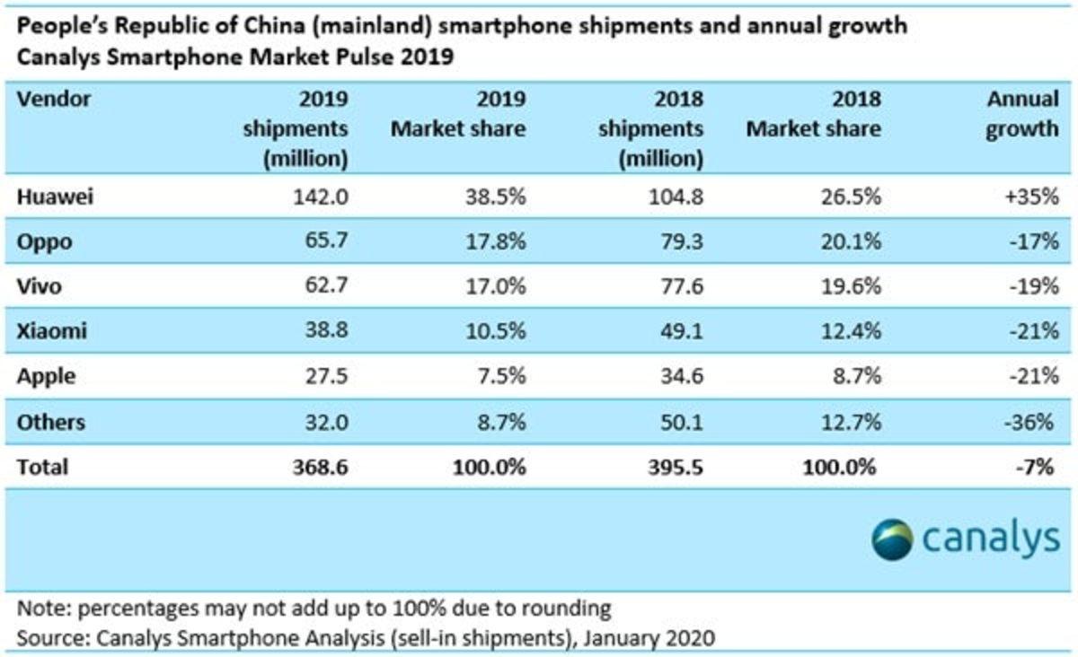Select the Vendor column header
[x=54, y=100]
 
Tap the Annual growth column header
[x=1022, y=114]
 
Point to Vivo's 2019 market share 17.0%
[x=494, y=288]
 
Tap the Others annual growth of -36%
[x=1033, y=421]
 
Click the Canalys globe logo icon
[x=892, y=538]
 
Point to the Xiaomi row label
[x=52, y=332]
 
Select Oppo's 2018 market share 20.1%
[x=850, y=243]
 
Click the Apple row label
[x=46, y=377]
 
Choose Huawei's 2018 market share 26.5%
[x=850, y=199]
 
